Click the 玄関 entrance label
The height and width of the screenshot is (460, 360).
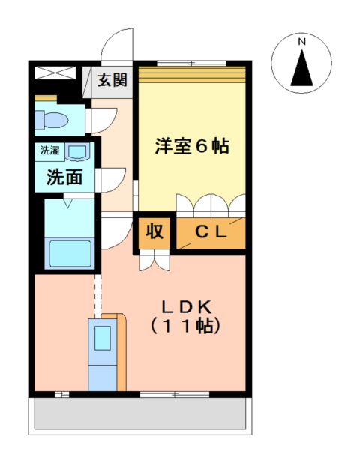(x=112, y=80)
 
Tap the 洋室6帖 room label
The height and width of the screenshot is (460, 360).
(x=191, y=146)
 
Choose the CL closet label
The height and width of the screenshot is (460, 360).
(x=211, y=232)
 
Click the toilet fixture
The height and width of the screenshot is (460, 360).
(x=54, y=119)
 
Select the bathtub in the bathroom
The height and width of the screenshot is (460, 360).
(x=69, y=253)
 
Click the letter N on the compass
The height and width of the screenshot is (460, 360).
(x=301, y=43)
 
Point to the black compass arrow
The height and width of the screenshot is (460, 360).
(x=301, y=70)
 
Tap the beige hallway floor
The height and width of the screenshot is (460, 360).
(x=116, y=157)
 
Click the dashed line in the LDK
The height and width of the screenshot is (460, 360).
(x=96, y=296)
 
